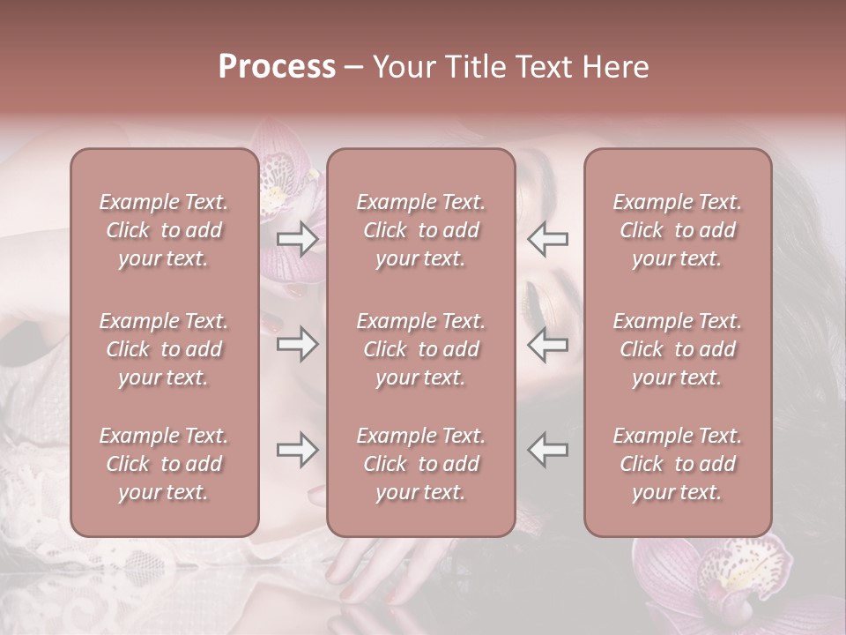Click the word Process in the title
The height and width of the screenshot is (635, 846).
click(277, 67)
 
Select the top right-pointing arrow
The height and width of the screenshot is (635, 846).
click(298, 239)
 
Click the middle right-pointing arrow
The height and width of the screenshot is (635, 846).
click(298, 344)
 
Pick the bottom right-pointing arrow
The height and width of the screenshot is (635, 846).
click(298, 450)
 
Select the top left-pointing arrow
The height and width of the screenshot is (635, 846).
click(547, 239)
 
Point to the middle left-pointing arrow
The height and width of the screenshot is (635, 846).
click(547, 344)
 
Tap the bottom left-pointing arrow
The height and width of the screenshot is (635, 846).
click(547, 450)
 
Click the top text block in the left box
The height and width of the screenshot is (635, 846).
click(164, 230)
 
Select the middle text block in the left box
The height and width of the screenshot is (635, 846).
click(164, 349)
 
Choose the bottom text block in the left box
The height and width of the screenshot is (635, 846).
click(164, 464)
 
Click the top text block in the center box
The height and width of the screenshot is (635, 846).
click(421, 230)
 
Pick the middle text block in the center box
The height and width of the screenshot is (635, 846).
click(421, 349)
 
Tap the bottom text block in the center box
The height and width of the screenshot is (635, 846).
click(421, 464)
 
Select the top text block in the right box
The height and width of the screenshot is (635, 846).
click(678, 230)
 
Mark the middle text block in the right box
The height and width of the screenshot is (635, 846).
click(678, 349)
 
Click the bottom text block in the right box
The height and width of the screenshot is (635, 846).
click(678, 464)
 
